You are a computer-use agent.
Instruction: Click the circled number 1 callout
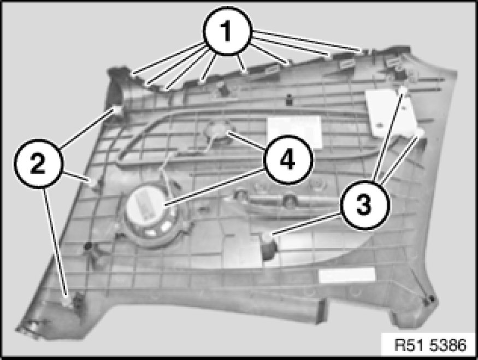coord(227,31)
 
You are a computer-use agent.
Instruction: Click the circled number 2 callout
coord(38,163)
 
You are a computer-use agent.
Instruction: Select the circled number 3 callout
coord(364,204)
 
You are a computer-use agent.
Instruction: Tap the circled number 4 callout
coord(288,160)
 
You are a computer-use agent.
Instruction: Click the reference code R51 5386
coord(430,345)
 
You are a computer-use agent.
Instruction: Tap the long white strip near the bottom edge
coord(346,274)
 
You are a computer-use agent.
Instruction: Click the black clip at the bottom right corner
coord(430,300)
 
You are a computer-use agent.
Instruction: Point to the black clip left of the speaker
coord(88,246)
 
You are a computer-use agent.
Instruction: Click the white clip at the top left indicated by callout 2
coord(117,109)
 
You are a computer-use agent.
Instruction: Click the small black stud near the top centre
coord(288,99)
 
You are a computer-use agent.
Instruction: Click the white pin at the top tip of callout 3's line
coord(403,90)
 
